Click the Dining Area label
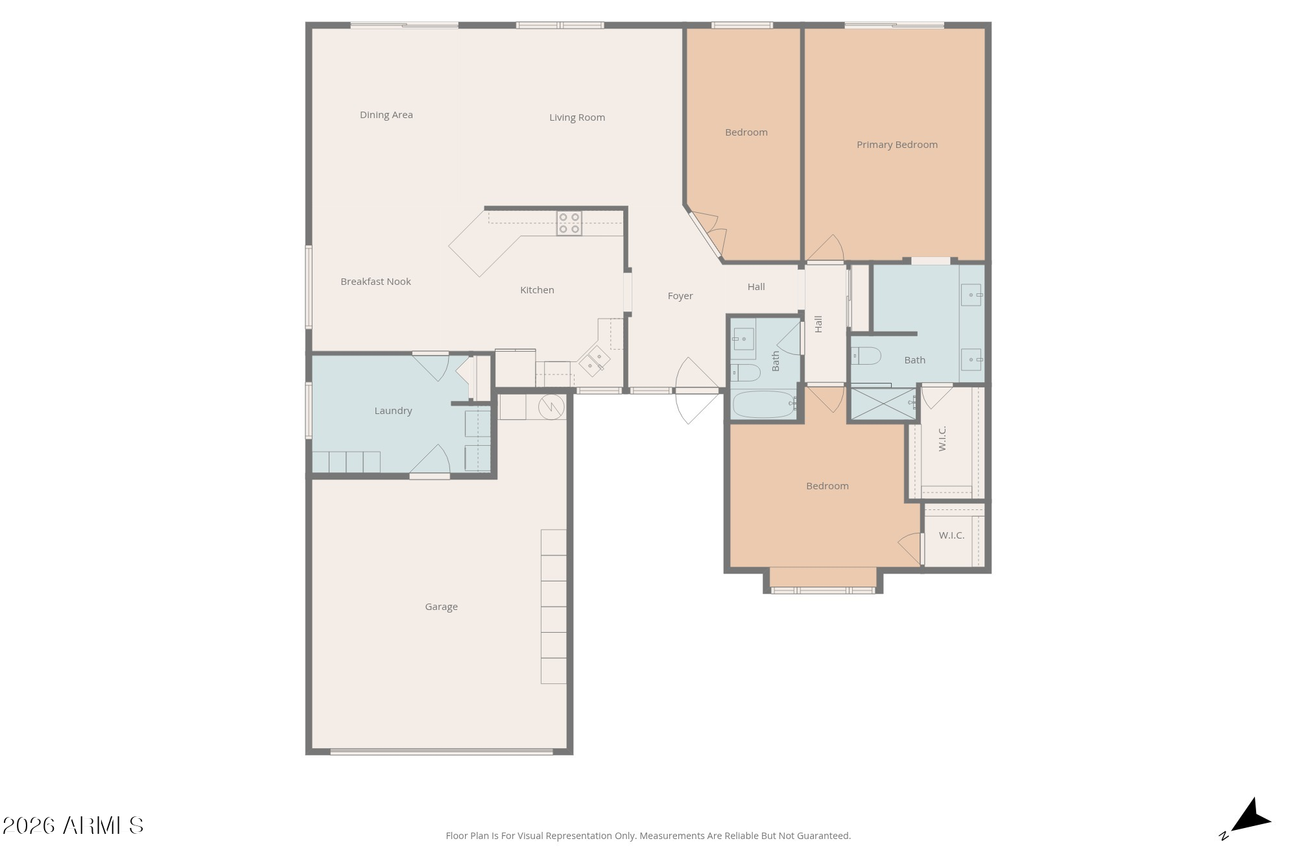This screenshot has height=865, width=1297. click(387, 115)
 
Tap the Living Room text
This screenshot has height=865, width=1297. click(577, 117)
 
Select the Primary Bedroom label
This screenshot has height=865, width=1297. click(897, 145)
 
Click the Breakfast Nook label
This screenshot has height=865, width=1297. click(375, 282)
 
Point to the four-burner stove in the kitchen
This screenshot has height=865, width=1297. click(569, 223)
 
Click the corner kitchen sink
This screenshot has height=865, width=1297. click(594, 361)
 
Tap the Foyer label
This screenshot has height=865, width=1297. click(680, 296)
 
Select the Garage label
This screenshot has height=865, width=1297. click(441, 607)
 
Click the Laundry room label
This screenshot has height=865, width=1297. click(393, 411)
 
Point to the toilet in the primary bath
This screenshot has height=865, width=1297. click(866, 356)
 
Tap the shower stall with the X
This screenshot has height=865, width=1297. click(883, 403)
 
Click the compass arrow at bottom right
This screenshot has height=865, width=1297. click(1251, 816)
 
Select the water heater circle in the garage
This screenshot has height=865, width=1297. click(551, 407)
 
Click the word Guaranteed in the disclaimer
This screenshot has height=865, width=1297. click(824, 836)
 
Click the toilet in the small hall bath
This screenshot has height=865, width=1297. click(746, 372)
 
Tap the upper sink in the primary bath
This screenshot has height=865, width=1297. click(971, 295)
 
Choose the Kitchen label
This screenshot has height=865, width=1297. click(537, 290)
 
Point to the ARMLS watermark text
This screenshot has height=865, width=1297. click(73, 825)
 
